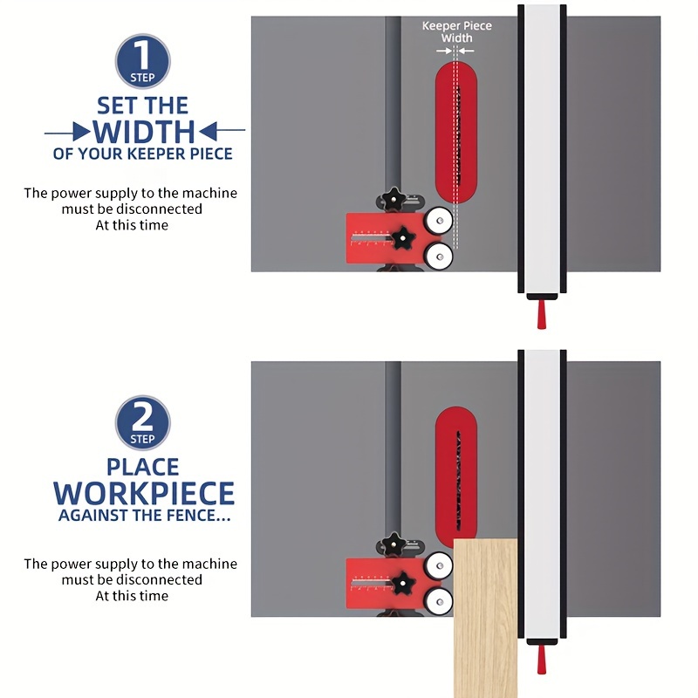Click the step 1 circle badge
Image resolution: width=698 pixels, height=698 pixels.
point(142,61)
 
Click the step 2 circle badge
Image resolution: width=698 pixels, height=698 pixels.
point(142,422)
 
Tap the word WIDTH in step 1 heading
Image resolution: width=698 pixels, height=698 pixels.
point(144,132)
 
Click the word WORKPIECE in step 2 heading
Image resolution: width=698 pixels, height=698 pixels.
point(144,493)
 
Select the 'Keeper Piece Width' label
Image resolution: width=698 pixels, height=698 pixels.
point(456,32)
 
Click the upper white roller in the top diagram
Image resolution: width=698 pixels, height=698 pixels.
point(439,220)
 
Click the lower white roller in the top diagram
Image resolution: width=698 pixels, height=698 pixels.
point(439,255)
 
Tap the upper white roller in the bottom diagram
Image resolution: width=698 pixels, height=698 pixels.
point(439,565)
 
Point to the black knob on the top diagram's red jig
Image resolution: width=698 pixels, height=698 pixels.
point(404,236)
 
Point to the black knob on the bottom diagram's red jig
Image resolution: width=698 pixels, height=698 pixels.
point(404,582)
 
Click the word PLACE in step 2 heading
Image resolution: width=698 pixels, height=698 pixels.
point(143,468)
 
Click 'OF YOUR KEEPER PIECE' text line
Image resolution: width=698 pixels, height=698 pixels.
point(143,154)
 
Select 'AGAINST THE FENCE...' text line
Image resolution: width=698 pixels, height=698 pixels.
point(144,516)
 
